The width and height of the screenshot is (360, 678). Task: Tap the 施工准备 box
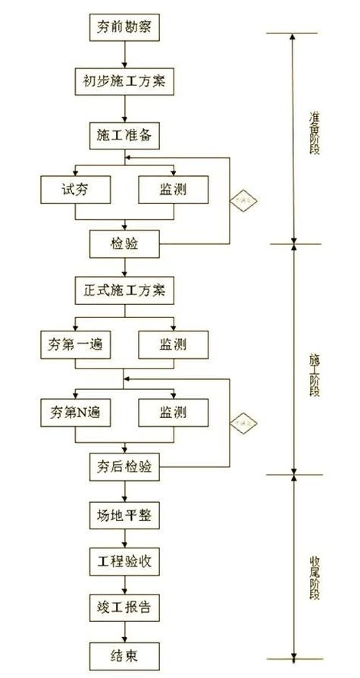click(125, 135)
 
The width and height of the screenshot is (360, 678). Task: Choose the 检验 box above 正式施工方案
click(125, 243)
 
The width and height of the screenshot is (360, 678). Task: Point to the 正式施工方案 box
click(125, 290)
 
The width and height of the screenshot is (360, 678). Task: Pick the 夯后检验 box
click(125, 466)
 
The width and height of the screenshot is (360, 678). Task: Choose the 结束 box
click(125, 654)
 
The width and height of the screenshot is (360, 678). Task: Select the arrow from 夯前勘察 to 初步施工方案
click(125, 55)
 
